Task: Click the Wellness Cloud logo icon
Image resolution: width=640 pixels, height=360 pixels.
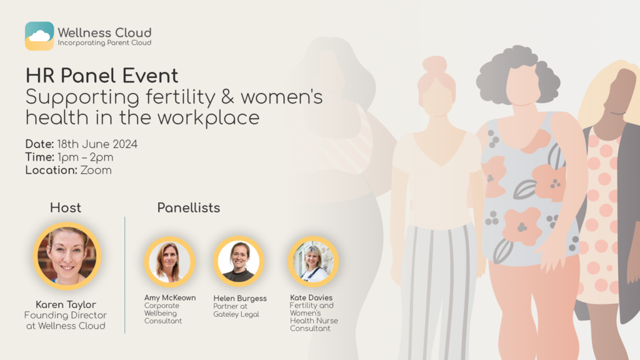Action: (39, 36)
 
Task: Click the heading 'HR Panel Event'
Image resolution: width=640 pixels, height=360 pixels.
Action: (102, 76)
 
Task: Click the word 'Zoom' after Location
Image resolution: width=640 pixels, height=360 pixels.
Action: (96, 170)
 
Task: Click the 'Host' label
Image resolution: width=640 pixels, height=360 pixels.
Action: (66, 207)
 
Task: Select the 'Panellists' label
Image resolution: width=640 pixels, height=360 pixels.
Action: (189, 207)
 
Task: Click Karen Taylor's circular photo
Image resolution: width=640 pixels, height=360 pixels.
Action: (67, 256)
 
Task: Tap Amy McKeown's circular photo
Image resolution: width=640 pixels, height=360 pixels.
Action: (170, 261)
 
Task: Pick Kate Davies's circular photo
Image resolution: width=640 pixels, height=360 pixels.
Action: (313, 261)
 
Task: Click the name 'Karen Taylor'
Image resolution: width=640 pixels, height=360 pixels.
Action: (66, 304)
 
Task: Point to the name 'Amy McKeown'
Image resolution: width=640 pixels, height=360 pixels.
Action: (170, 298)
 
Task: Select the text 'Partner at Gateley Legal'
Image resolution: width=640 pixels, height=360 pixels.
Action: (236, 310)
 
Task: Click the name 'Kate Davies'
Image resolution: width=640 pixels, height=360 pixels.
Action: (311, 297)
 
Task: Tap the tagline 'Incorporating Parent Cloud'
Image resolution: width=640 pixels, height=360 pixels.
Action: (104, 43)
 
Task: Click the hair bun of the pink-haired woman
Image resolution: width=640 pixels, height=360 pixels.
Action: (434, 65)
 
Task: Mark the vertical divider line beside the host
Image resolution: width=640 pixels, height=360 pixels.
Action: (125, 275)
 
